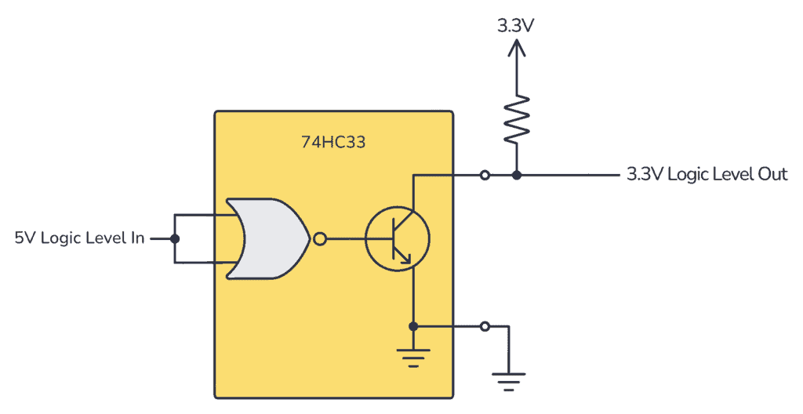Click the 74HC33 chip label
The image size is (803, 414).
(x=333, y=143)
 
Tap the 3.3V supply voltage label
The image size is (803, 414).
(x=515, y=24)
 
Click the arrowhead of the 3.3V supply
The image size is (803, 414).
(x=516, y=49)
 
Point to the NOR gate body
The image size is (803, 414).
(x=267, y=238)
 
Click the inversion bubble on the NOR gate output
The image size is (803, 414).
(x=319, y=238)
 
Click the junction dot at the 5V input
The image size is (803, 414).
(x=174, y=238)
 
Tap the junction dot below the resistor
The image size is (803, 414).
(x=516, y=175)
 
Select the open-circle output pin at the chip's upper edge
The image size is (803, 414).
(x=485, y=175)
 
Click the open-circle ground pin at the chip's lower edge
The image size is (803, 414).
(x=485, y=325)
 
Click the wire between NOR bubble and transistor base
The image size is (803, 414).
(x=345, y=238)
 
